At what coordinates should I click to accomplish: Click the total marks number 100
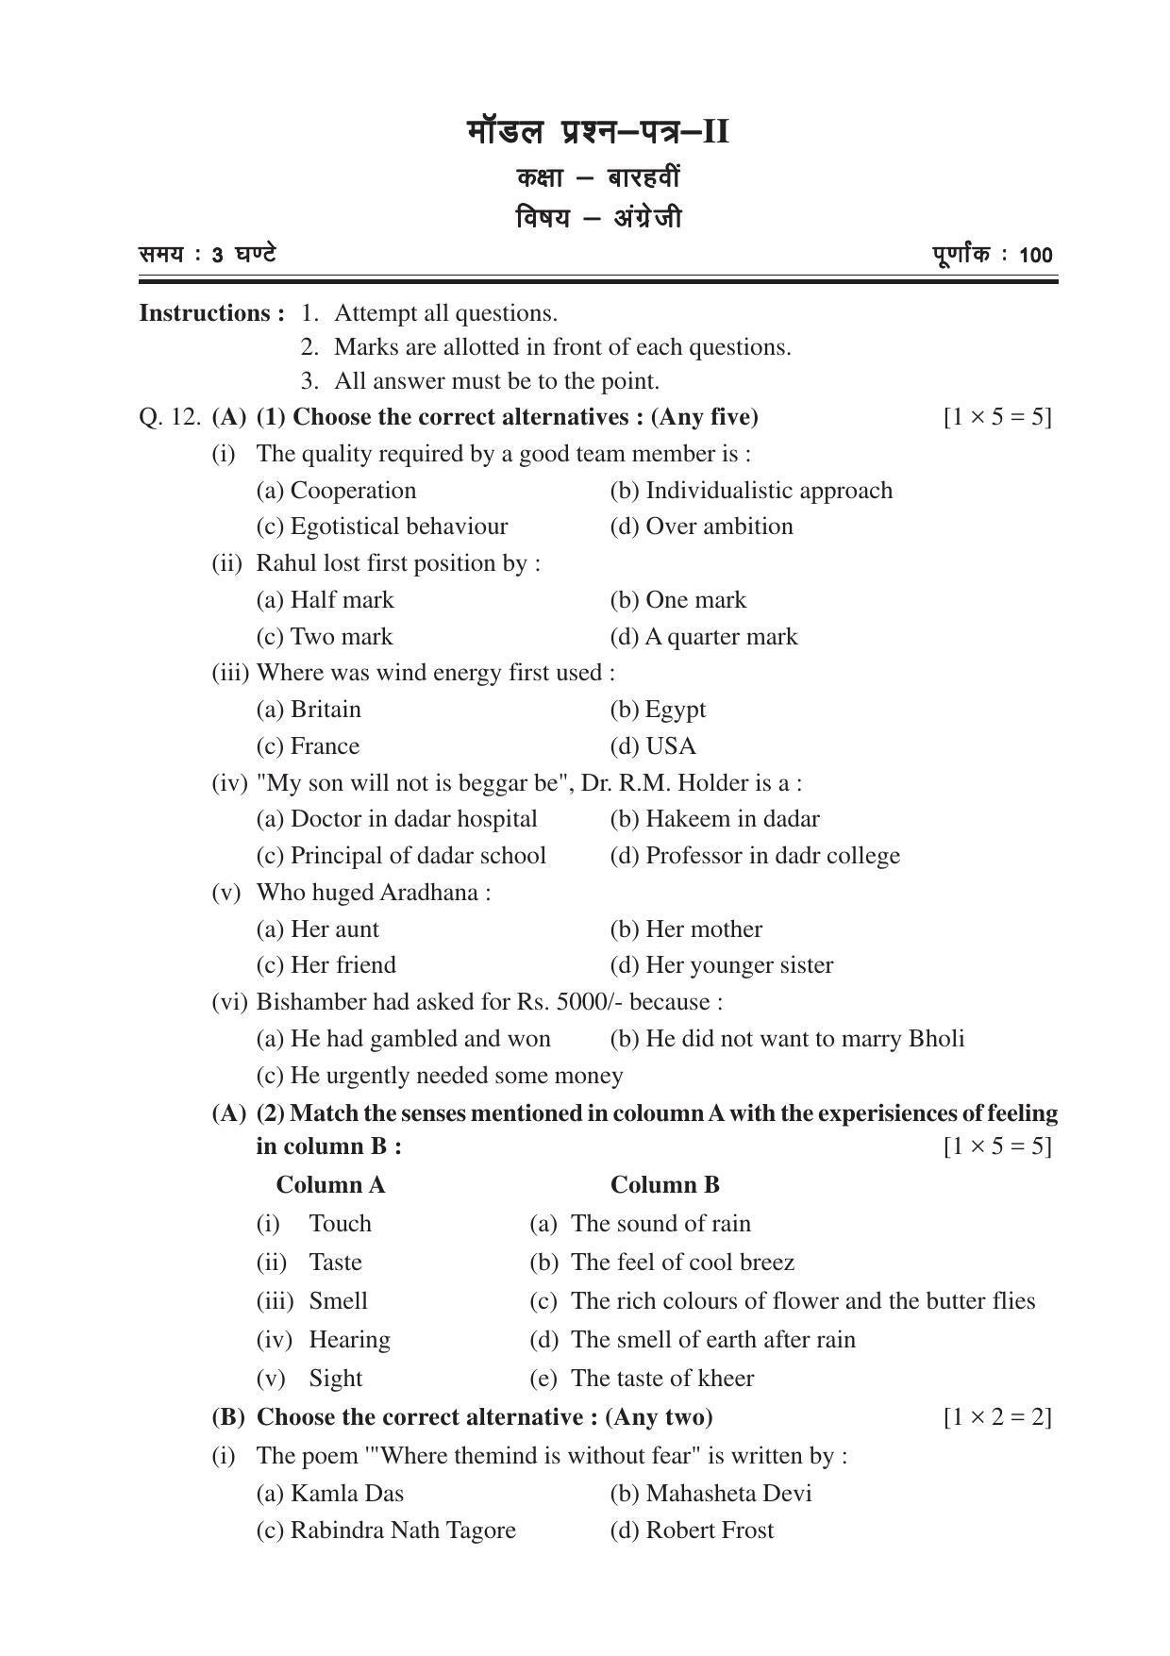(1035, 256)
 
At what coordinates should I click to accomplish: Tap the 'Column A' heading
(330, 1185)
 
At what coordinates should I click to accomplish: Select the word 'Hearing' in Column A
(349, 1340)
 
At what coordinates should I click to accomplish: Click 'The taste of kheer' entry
(661, 1379)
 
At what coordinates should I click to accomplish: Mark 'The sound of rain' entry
(660, 1224)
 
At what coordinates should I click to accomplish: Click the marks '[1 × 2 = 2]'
(997, 1417)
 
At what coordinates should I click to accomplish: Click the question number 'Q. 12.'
(170, 417)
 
